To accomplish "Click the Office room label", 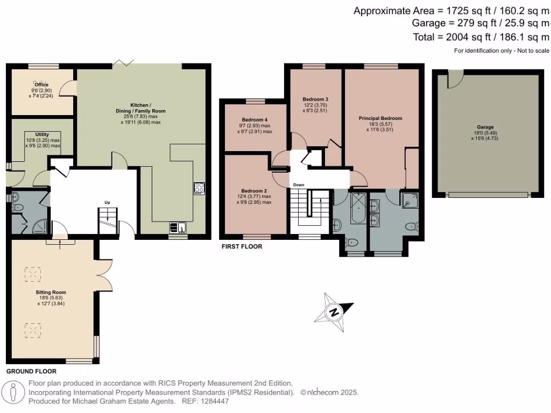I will click(x=41, y=85).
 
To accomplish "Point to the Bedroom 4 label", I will click(x=255, y=119).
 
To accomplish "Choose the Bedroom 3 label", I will click(x=315, y=99).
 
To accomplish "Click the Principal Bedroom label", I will click(x=380, y=118).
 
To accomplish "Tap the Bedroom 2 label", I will click(x=254, y=191).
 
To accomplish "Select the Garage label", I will click(x=485, y=127).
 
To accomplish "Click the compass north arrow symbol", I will click(x=334, y=312).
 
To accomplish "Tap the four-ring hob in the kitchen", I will click(x=199, y=188).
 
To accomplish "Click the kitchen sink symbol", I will click(x=178, y=226).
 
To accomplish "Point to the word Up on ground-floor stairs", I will click(x=107, y=202).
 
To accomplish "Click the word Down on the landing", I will click(x=299, y=185).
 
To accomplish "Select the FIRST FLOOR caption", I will click(x=242, y=246).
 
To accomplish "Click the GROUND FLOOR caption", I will click(x=31, y=371).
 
